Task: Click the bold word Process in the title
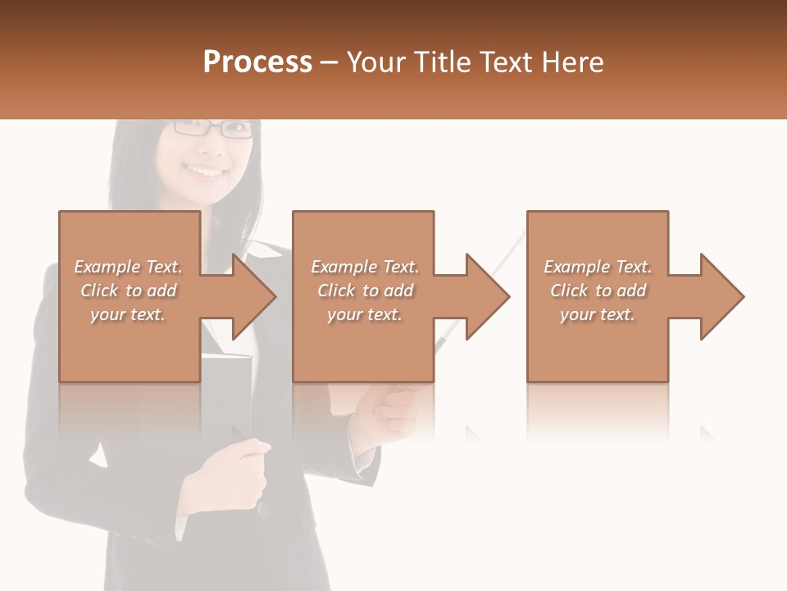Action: coord(257,62)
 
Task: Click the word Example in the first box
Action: coord(107,267)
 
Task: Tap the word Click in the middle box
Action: coord(337,291)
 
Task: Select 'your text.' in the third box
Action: coord(598,314)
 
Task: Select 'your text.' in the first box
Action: coord(128,314)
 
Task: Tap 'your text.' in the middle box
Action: coord(364,314)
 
